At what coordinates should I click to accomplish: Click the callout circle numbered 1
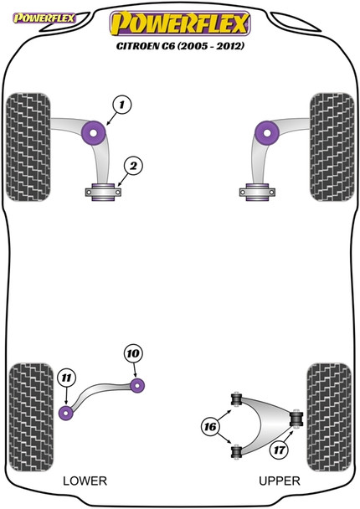click(x=121, y=105)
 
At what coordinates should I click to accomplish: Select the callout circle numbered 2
click(x=133, y=166)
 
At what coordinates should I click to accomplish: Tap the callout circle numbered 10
click(x=133, y=353)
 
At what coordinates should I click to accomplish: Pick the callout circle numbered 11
click(x=66, y=378)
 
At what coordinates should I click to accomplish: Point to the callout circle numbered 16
click(x=210, y=426)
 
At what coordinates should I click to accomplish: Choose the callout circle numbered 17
click(x=279, y=450)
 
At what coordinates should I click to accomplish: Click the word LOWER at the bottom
click(x=85, y=481)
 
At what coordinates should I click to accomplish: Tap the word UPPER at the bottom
click(x=280, y=481)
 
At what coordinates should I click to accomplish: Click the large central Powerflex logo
click(x=180, y=23)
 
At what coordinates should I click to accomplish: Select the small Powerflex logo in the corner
click(x=44, y=18)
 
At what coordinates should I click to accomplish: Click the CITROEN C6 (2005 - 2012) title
click(x=180, y=46)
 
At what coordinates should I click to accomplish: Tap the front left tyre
click(x=28, y=147)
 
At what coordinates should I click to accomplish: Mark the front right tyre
click(x=332, y=147)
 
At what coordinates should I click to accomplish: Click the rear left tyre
click(x=31, y=417)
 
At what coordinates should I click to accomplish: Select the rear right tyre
click(x=329, y=417)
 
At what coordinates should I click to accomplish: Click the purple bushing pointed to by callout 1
click(x=94, y=133)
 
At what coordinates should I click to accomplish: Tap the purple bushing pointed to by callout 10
click(x=137, y=385)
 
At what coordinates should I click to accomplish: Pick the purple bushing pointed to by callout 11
click(x=66, y=413)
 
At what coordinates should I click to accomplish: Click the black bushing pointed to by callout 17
click(x=296, y=419)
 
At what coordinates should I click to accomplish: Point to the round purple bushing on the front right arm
click(x=267, y=133)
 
